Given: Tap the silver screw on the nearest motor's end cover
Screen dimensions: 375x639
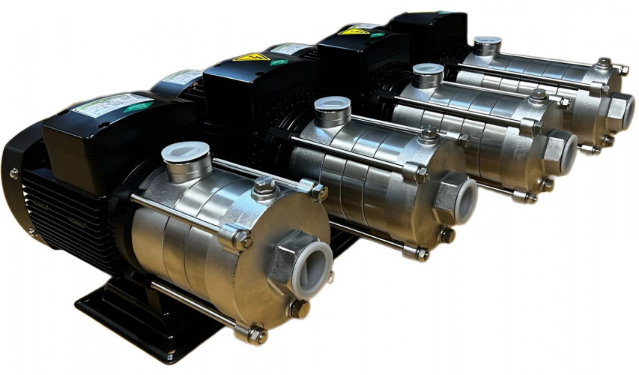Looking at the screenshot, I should click(14, 173).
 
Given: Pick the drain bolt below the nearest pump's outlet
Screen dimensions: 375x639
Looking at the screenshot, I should click(297, 307).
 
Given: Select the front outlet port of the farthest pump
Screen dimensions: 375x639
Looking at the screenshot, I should click(620, 111).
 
